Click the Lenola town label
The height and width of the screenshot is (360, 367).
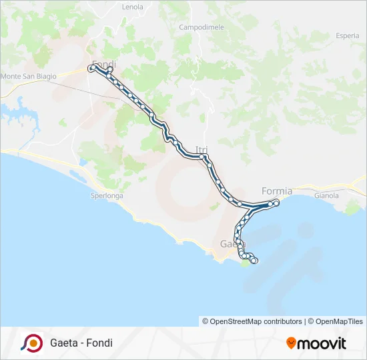[x=133, y=7]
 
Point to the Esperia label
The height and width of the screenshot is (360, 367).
[x=347, y=35]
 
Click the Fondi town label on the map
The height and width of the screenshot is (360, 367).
[x=104, y=64]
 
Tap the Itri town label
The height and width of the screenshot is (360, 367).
[x=202, y=149]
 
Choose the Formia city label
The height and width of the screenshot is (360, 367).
[x=277, y=191]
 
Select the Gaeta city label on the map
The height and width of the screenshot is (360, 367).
[x=230, y=245]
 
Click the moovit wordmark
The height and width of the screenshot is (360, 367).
[x=322, y=343]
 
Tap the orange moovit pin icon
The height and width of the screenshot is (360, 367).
[x=291, y=343]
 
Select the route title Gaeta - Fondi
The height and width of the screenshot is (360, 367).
[x=81, y=343]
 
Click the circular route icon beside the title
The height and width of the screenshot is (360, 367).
[x=31, y=343]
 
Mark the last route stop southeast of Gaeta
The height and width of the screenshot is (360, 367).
[x=254, y=261]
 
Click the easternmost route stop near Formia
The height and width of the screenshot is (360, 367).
[x=276, y=202]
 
